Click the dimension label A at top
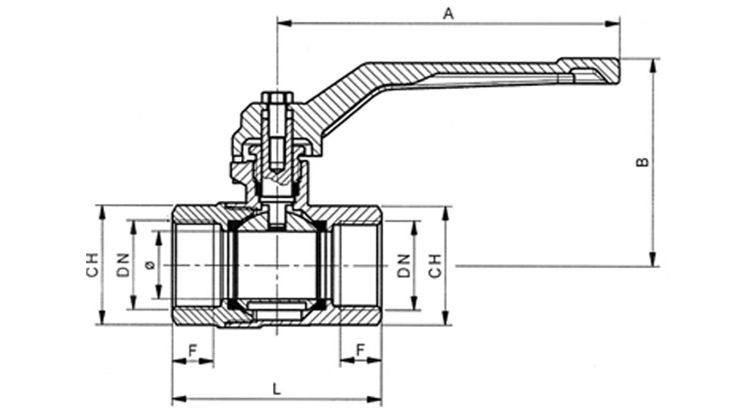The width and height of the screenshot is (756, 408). (448, 14)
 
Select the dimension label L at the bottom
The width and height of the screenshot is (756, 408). (277, 389)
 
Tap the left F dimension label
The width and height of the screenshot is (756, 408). (193, 351)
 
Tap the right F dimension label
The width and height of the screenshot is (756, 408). (360, 351)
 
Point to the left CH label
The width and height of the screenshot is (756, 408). (92, 265)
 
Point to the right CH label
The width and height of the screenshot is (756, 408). (435, 265)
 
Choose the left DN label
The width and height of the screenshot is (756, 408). (124, 265)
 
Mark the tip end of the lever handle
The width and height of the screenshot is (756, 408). (618, 70)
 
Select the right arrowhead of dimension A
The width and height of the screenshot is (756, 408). (613, 23)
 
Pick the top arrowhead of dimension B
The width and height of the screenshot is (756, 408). (654, 65)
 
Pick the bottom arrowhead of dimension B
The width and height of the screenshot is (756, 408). (654, 259)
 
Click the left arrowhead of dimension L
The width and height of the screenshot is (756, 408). (179, 399)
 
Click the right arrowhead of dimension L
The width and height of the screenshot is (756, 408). (375, 399)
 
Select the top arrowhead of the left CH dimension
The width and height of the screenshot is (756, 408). (102, 212)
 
